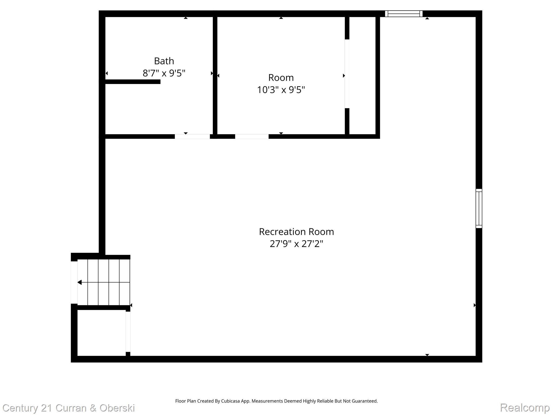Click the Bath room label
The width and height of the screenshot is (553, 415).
point(164,61)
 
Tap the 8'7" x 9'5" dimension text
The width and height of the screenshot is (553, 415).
point(164,73)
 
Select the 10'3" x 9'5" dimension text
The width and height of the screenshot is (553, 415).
point(281,90)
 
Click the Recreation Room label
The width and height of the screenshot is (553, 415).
point(296,232)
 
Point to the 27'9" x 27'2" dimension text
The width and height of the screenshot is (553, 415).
point(296,244)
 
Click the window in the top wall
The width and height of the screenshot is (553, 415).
point(403,14)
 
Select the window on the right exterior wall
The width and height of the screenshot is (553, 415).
point(478,208)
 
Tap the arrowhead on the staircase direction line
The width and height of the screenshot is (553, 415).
point(80,282)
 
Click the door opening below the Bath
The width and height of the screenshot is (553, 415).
point(192,136)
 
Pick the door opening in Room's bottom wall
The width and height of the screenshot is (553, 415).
point(252,136)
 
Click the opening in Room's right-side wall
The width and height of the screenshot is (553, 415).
point(347,74)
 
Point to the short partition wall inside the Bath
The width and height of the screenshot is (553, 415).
point(133,82)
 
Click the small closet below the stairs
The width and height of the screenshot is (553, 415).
point(101,333)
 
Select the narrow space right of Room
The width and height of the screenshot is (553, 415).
point(362,76)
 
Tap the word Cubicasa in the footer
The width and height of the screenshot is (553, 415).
point(231,401)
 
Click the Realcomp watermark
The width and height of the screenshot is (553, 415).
point(525,407)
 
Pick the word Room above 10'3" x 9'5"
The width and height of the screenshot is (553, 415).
point(281,78)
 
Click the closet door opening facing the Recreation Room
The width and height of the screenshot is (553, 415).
point(128,332)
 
